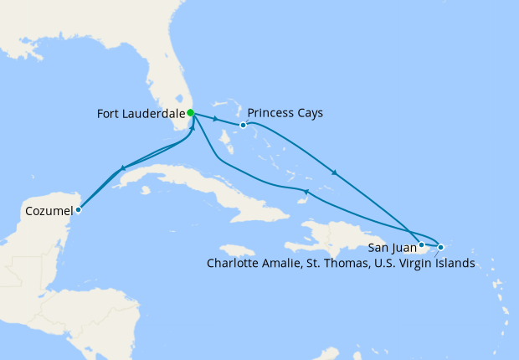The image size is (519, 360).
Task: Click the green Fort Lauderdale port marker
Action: pos(191,113)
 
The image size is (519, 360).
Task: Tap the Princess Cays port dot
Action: pos(243,126)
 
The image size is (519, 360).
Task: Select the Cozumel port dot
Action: pos(78,209)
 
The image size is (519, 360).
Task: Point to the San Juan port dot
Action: pos(422,245)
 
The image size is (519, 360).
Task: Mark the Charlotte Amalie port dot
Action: pos(440,247)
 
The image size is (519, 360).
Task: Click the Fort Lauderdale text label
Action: pos(141,113)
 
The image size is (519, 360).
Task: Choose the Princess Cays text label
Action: pos(286,113)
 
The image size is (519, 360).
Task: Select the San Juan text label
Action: pos(393,247)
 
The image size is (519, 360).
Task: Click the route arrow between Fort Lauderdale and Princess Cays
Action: pos(217,119)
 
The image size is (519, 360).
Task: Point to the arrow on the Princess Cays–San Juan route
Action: pos(335,172)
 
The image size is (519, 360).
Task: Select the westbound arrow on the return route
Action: pos(306,193)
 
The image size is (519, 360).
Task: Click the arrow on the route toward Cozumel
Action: pos(124,168)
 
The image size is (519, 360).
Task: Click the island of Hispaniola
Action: pos(335,234)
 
